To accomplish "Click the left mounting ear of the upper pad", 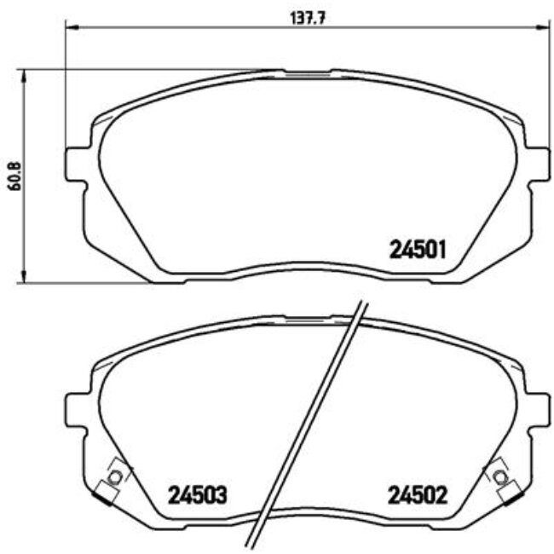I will [74, 164].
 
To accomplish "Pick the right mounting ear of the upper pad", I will [537, 164].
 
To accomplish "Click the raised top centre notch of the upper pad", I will [307, 72].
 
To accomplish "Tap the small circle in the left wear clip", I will [117, 475].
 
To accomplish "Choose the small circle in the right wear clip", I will [498, 475].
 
